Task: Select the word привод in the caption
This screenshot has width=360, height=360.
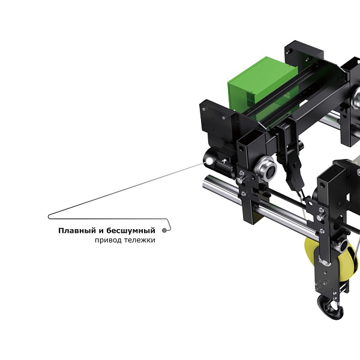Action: click(108, 241)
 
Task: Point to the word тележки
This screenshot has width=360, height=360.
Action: click(140, 240)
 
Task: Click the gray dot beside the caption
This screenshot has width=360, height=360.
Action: click(164, 230)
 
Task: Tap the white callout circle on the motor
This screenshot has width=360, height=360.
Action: click(209, 161)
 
